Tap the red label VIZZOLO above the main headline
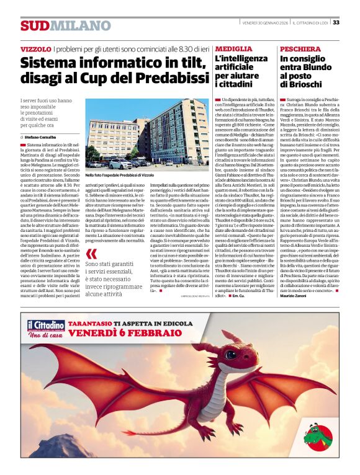pos(35,48)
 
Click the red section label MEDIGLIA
pos(233,48)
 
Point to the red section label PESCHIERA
pos(300,48)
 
